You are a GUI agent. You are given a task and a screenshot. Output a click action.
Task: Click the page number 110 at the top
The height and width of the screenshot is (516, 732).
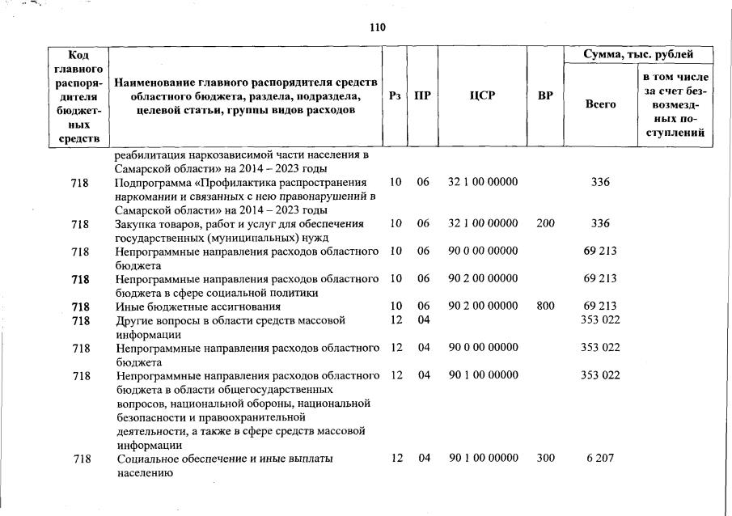click(377, 27)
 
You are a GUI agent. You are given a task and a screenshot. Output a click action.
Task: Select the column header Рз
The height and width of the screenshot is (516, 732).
click(395, 95)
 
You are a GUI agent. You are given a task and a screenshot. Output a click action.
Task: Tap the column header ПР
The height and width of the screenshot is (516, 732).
click(422, 95)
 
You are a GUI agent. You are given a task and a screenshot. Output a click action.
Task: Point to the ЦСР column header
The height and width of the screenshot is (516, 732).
click(482, 95)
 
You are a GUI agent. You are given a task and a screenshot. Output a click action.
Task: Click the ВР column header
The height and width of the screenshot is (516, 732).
click(545, 95)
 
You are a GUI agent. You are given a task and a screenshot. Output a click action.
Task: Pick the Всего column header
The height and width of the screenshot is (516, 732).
click(600, 104)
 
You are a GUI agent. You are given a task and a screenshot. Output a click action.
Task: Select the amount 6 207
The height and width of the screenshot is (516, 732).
click(600, 459)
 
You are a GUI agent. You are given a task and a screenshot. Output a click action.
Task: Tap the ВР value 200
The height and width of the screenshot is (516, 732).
click(545, 223)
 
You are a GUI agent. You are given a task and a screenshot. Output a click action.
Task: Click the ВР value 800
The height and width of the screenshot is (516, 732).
click(545, 307)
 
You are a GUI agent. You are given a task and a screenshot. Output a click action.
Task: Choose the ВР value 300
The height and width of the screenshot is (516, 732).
click(545, 459)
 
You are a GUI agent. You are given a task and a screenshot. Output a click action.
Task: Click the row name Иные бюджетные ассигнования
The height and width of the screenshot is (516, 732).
click(198, 307)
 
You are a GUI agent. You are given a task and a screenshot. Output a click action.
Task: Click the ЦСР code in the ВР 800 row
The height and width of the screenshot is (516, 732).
click(483, 307)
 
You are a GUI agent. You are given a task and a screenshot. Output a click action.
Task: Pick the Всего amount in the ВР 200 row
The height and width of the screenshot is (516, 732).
click(600, 223)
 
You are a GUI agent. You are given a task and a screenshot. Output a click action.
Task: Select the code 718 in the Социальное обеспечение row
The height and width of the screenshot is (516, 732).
click(80, 459)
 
